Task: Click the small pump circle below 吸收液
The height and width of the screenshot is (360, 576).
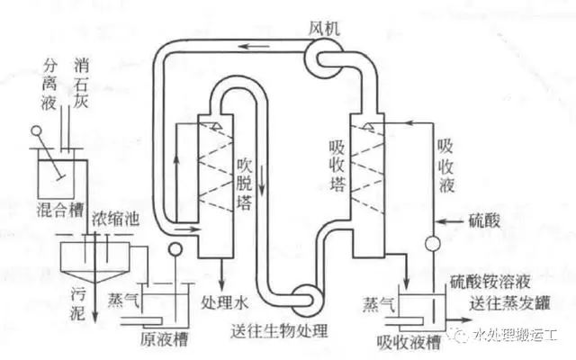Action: pyautogui.click(x=431, y=243)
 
